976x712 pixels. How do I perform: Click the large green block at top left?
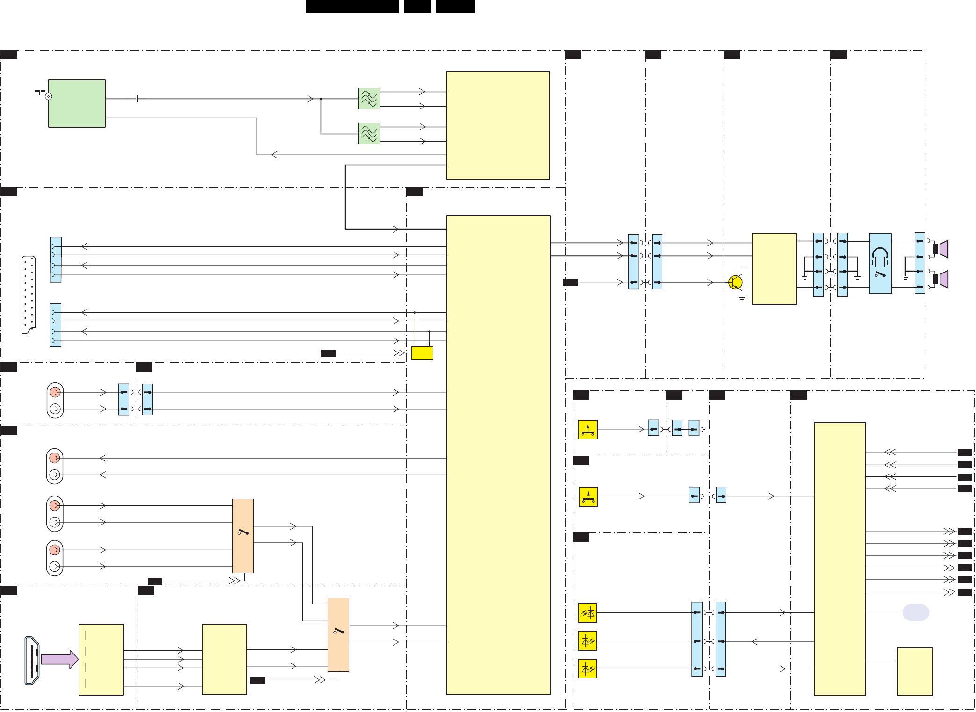coord(77,103)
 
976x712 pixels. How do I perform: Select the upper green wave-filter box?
coord(369,99)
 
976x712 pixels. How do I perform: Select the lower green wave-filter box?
coord(369,134)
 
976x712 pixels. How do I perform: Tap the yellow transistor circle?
coord(735,282)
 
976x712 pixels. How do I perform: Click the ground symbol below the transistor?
coord(742,298)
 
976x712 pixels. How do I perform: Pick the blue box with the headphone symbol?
coord(880,264)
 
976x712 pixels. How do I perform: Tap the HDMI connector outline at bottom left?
coord(32,660)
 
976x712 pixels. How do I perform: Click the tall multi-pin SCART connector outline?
coord(29,295)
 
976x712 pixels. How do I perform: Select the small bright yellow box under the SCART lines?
coord(422,353)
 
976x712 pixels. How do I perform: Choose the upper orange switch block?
coord(243,536)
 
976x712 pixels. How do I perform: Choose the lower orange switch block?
coord(338,634)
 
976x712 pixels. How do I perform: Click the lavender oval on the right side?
coord(915,612)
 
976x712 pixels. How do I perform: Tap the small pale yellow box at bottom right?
coord(915,671)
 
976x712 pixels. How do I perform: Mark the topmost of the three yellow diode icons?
coord(588,613)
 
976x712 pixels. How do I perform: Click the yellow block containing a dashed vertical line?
coord(101,659)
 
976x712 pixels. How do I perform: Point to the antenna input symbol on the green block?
coord(48,96)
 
